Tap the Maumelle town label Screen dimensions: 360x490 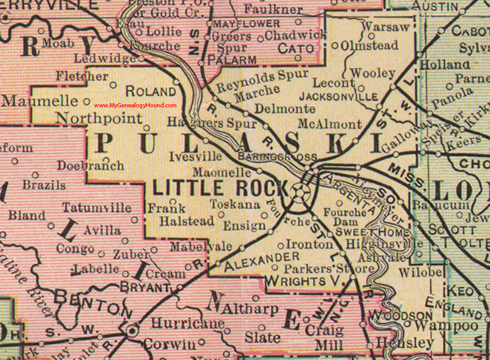coord(37,100)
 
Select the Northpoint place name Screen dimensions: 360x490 coord(99,117)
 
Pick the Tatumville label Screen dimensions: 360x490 coord(97,207)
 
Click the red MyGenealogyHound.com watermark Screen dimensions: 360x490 coord(135,105)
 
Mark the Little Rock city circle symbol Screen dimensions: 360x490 coord(301,189)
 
